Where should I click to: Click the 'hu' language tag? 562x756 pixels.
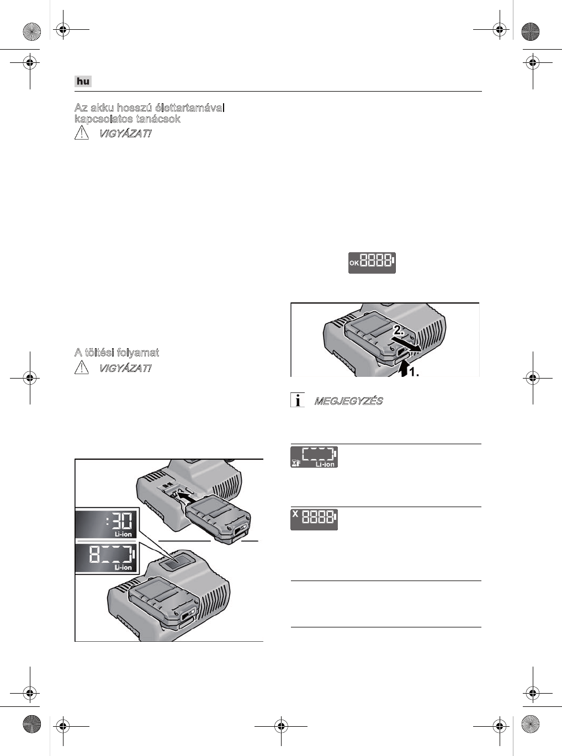83,82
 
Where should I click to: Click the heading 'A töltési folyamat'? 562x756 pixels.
116,353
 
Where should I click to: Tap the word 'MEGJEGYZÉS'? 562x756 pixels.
348,401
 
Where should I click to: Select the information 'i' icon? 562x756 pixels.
298,401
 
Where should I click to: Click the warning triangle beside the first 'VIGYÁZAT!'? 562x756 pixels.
82,134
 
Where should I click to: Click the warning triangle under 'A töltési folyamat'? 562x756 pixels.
82,368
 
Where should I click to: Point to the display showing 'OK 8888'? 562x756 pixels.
372,263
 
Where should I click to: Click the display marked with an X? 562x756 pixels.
314,519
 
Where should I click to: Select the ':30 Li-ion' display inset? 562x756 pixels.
107,523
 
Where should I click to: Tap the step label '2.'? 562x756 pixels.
400,331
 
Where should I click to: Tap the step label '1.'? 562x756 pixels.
413,373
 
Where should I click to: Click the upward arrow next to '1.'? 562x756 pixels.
404,368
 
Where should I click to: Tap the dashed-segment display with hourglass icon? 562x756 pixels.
314,457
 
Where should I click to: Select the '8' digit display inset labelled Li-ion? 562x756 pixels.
107,557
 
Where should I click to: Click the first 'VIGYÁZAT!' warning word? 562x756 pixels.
125,134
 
